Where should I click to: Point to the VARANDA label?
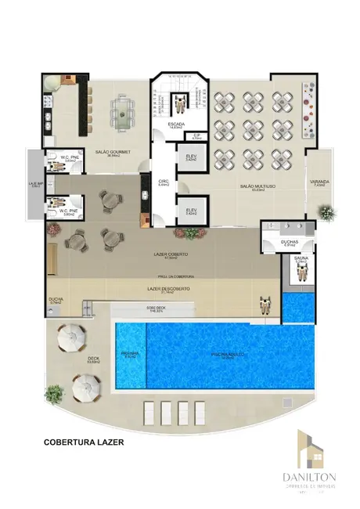coord(319,182)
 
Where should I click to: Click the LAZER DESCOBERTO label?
coord(168,288)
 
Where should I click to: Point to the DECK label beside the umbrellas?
coord(93,359)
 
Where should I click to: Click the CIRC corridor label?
coord(164,182)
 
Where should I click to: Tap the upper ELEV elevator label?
coord(191,157)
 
